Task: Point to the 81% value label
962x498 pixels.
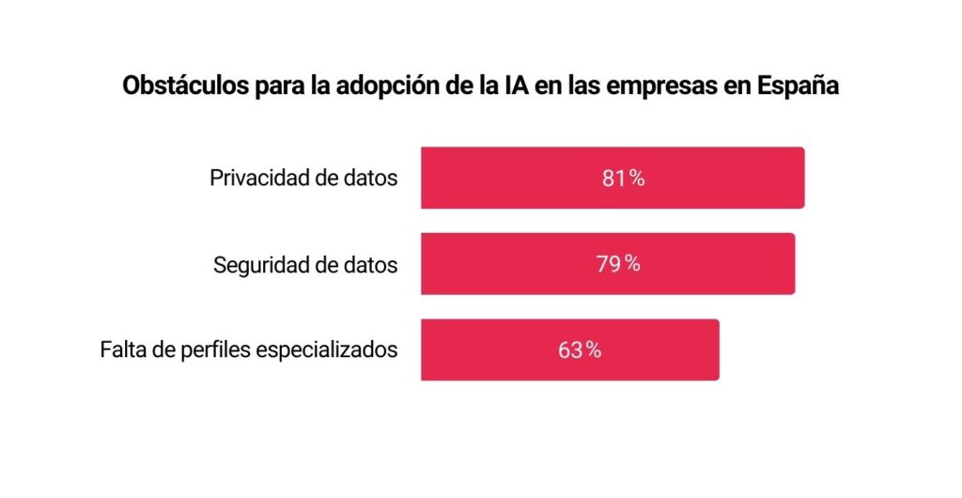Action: [623, 179]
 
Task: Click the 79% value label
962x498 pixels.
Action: [618, 264]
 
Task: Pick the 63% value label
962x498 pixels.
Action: [579, 350]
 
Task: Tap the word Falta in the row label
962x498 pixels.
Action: [121, 350]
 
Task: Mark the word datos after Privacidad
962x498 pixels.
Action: [369, 179]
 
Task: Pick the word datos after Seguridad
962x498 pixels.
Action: [369, 265]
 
